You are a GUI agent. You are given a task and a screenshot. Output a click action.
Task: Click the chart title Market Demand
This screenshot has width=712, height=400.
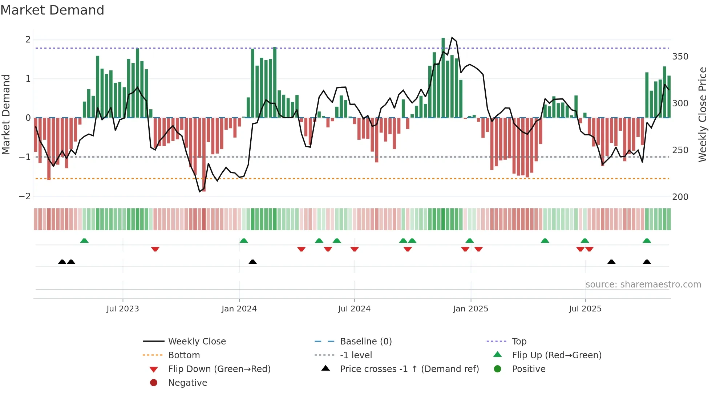click(x=52, y=10)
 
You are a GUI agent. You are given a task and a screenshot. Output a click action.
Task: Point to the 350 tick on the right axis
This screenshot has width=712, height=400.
click(x=680, y=57)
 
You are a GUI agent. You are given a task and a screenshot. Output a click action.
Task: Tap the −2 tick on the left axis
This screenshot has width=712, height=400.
click(x=25, y=196)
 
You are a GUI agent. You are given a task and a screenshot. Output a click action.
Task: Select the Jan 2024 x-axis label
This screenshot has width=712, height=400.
click(x=239, y=309)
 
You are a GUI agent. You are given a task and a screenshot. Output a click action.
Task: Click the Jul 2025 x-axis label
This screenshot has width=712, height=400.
click(x=585, y=309)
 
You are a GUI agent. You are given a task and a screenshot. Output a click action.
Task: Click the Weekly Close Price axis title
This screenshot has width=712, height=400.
click(x=703, y=114)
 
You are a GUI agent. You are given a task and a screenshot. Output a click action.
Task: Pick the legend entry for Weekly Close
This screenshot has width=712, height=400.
click(x=197, y=342)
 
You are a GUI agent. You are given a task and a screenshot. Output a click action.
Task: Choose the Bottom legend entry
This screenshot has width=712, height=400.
click(x=184, y=355)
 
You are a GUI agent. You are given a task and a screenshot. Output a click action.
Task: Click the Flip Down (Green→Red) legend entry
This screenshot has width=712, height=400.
click(x=219, y=369)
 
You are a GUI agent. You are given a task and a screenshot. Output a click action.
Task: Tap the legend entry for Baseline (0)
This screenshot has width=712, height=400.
click(x=365, y=342)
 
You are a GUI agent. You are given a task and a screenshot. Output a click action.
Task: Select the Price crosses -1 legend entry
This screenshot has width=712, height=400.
click(x=409, y=369)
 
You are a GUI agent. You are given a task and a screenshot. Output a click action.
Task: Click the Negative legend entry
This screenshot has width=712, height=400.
click(x=187, y=383)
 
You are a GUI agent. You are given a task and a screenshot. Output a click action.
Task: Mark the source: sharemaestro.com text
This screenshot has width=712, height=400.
click(x=643, y=285)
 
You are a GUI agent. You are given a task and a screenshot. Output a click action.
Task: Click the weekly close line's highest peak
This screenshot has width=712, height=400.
click(x=452, y=37)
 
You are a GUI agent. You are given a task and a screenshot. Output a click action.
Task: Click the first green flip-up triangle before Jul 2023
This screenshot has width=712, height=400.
click(x=84, y=241)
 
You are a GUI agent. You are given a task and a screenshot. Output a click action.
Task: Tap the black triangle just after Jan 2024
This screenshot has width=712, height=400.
click(x=252, y=262)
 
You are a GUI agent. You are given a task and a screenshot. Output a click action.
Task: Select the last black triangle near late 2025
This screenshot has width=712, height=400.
click(x=647, y=262)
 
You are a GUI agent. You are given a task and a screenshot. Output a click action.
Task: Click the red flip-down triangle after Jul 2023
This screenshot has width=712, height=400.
click(x=155, y=249)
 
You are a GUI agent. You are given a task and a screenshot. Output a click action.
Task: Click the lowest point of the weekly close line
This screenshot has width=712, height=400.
click(x=200, y=192)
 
